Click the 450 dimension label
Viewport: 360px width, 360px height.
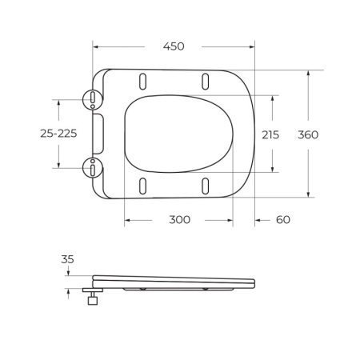174,46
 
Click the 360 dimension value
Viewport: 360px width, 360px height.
308,134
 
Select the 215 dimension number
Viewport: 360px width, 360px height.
270,134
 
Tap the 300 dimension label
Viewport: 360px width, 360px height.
179,219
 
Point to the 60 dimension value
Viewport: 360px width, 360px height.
283,219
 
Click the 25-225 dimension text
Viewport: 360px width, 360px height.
58,134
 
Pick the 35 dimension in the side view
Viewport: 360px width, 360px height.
67,259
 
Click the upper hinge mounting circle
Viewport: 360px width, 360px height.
94,99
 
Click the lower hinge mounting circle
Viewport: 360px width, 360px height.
94,167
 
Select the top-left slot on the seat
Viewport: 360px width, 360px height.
142,81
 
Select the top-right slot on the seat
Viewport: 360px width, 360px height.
206,81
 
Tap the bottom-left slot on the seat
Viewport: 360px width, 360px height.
142,186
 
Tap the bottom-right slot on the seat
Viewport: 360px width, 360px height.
206,186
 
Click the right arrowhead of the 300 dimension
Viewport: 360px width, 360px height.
230,219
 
